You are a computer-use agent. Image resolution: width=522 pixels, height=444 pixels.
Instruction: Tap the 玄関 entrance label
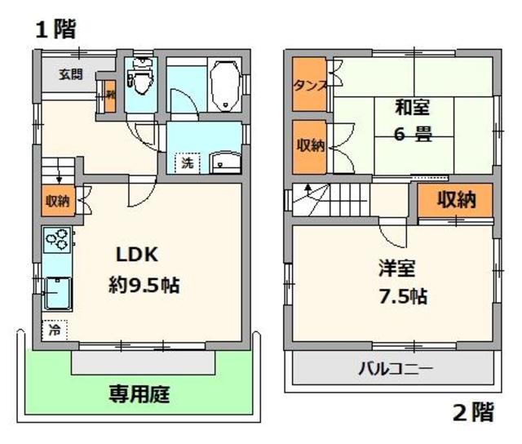click(69, 76)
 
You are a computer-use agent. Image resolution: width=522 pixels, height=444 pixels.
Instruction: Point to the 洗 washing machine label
click(188, 162)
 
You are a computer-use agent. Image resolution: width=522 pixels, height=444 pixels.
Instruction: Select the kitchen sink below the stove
click(56, 292)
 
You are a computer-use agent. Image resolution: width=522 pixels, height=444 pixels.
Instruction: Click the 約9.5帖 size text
click(144, 286)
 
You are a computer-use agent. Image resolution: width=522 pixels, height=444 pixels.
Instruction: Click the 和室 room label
click(411, 107)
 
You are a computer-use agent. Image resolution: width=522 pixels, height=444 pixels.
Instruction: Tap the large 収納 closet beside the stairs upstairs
click(455, 200)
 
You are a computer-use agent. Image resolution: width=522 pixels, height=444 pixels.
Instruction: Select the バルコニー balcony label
click(395, 369)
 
